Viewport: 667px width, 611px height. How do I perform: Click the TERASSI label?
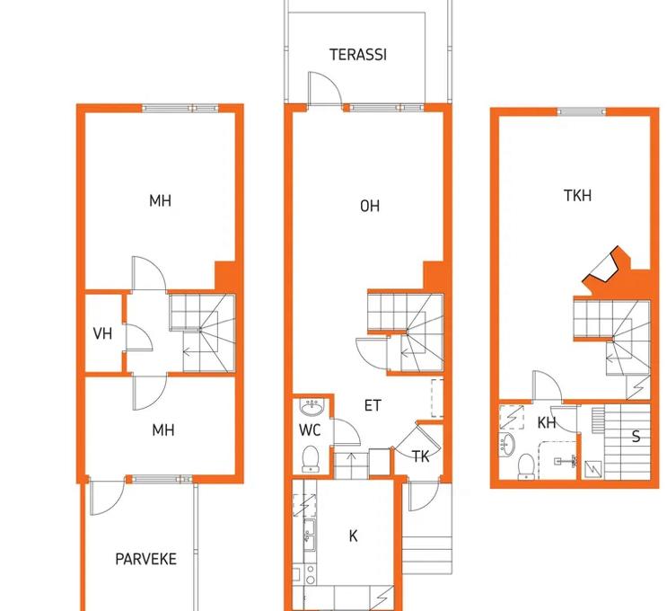[x=358, y=55]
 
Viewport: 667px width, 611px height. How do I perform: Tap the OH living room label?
[x=370, y=206]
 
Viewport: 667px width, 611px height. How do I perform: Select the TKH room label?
[x=577, y=196]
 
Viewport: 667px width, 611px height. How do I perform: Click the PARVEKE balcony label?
[x=146, y=559]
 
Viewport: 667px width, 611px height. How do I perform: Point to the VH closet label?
[x=102, y=334]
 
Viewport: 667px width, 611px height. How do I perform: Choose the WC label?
[x=310, y=430]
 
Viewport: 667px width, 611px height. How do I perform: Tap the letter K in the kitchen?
[x=353, y=536]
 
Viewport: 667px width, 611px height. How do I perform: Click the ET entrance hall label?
[x=373, y=405]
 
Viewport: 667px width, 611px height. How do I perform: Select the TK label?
[x=421, y=456]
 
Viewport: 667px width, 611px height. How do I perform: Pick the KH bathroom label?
[x=547, y=423]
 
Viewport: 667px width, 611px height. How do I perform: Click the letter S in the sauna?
[x=636, y=437]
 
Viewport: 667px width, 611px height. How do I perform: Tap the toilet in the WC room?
[x=311, y=459]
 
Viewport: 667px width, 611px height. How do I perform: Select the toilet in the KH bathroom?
[x=527, y=466]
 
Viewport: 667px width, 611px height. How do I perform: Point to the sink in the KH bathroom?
[x=507, y=445]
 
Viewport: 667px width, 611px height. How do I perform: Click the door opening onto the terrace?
[x=325, y=89]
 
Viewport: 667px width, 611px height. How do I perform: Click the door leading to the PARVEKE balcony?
[x=107, y=497]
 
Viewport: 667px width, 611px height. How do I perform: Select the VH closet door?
[x=139, y=338]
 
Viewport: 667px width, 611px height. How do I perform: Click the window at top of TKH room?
[x=582, y=112]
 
